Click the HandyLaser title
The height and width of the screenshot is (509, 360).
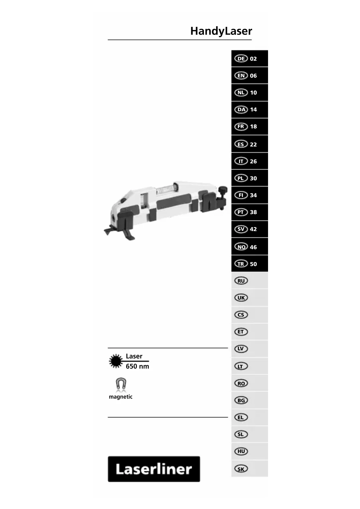[x=221, y=31]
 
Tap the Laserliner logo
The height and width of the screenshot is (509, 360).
[x=154, y=469]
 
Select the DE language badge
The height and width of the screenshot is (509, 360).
[x=241, y=59]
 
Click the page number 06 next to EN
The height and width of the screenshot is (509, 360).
[x=253, y=76]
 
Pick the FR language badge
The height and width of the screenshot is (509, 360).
[x=241, y=127]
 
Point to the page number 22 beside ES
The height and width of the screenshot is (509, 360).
[x=253, y=145]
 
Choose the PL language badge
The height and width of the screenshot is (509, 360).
[x=241, y=178]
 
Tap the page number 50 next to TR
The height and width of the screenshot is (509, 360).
[x=253, y=264]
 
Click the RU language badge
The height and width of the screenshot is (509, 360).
[x=241, y=281]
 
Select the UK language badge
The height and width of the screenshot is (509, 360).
[x=241, y=298]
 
